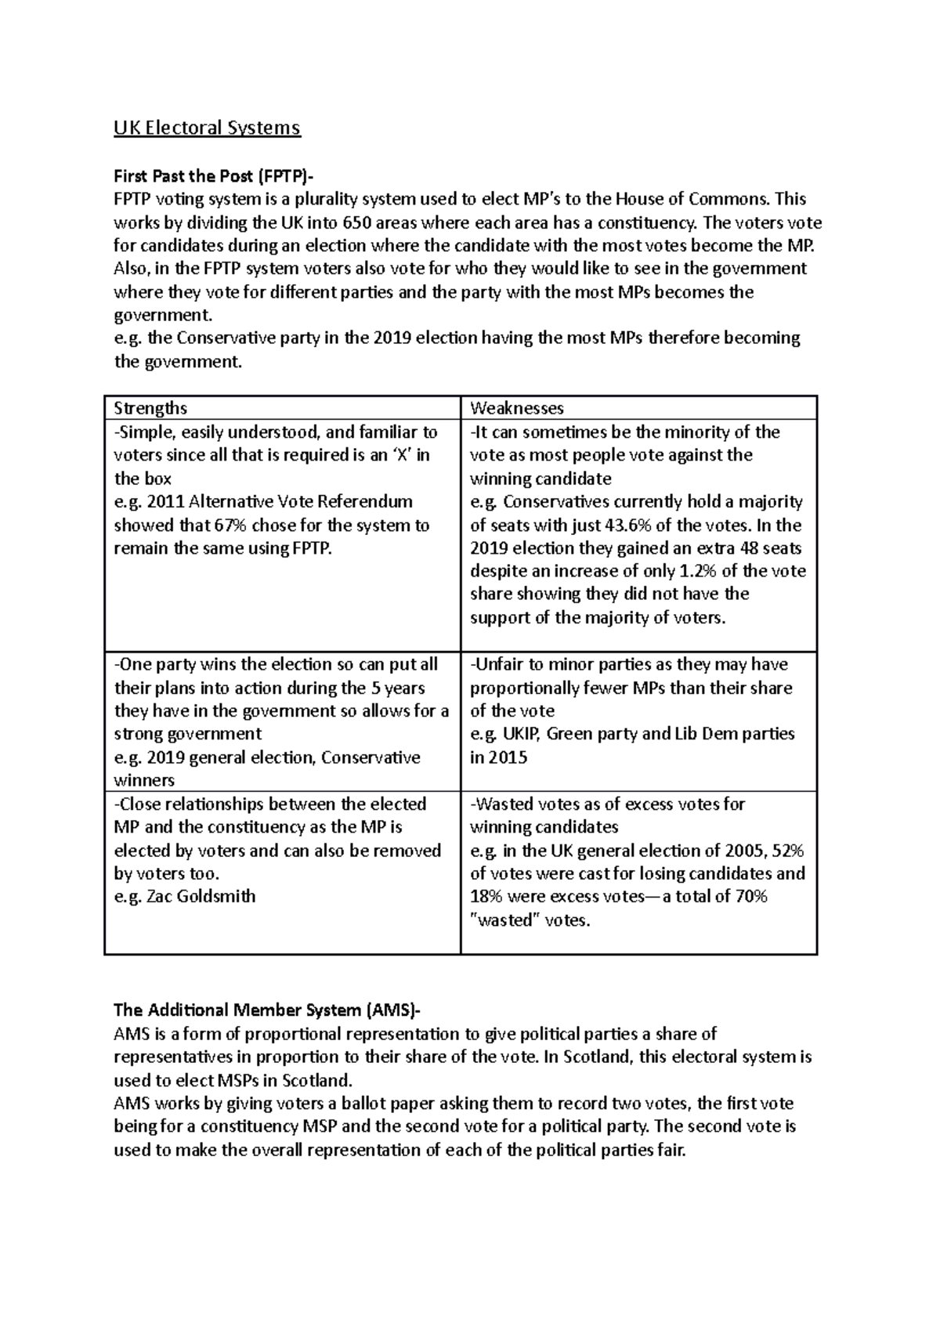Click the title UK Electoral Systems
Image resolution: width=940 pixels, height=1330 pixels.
(x=207, y=128)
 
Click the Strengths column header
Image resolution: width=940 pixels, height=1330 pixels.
(x=150, y=408)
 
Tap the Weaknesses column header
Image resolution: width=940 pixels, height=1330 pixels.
(x=516, y=408)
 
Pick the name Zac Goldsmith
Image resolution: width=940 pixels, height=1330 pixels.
(x=201, y=896)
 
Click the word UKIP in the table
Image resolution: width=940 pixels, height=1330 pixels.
(x=522, y=734)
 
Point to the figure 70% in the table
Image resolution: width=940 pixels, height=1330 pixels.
(x=750, y=896)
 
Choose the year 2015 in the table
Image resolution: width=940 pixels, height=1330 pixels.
(x=508, y=757)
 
